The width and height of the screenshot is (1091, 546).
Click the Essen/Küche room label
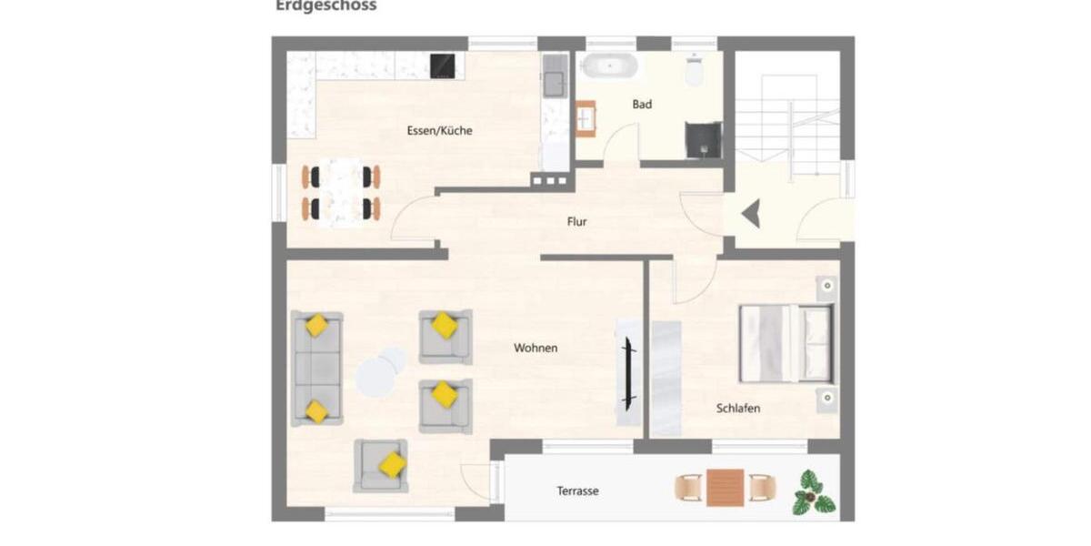pyautogui.click(x=439, y=130)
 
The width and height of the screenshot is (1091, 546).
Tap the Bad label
pyautogui.click(x=642, y=105)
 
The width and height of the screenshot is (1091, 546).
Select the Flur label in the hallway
pyautogui.click(x=576, y=221)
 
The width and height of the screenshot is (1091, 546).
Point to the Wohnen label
pyautogui.click(x=535, y=348)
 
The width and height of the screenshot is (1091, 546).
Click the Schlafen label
pyautogui.click(x=737, y=409)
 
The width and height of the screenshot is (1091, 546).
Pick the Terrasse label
pyautogui.click(x=577, y=491)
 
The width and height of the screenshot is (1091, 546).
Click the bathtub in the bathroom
pyautogui.click(x=609, y=66)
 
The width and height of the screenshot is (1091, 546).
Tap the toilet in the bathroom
pyautogui.click(x=695, y=70)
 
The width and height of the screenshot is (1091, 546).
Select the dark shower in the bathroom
pyautogui.click(x=703, y=140)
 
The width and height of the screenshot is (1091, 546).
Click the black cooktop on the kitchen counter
pyautogui.click(x=443, y=65)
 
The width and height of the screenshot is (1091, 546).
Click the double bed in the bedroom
pyautogui.click(x=786, y=343)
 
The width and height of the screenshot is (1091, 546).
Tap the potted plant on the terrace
pyautogui.click(x=812, y=493)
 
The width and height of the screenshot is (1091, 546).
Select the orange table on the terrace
pyautogui.click(x=725, y=488)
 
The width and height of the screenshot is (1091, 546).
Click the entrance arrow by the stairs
pyautogui.click(x=750, y=216)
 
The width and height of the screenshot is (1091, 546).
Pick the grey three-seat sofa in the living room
pyautogui.click(x=316, y=369)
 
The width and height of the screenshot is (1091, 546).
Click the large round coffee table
pyautogui.click(x=375, y=378)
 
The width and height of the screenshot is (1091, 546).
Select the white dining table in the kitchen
pyautogui.click(x=341, y=192)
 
